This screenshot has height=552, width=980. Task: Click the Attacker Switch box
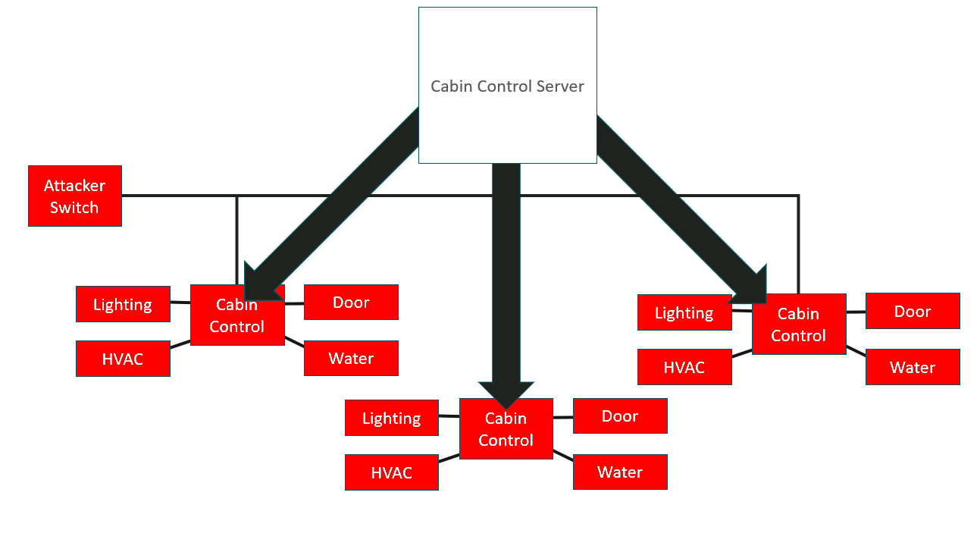point(75,196)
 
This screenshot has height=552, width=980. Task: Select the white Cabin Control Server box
point(508,86)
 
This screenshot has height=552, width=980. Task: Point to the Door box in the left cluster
point(351,302)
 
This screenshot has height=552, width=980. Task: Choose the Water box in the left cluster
point(351,358)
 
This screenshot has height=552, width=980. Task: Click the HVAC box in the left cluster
point(123,359)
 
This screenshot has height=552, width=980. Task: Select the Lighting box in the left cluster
point(123,304)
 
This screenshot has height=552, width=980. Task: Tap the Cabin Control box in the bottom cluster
point(506,428)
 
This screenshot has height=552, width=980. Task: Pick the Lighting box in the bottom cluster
point(392,418)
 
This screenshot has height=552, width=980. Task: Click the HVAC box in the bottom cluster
point(392,472)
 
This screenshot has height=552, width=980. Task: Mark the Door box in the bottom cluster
point(620,416)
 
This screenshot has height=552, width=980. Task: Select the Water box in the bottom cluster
point(620,472)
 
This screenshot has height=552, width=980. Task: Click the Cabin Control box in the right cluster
point(799,324)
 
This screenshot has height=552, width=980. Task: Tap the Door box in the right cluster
point(913,311)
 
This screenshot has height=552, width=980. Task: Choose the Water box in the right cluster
point(913,367)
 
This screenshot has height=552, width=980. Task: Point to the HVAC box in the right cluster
point(684,367)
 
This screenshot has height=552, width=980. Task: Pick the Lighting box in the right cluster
point(684,312)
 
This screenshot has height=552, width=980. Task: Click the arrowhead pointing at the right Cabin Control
point(752,287)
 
